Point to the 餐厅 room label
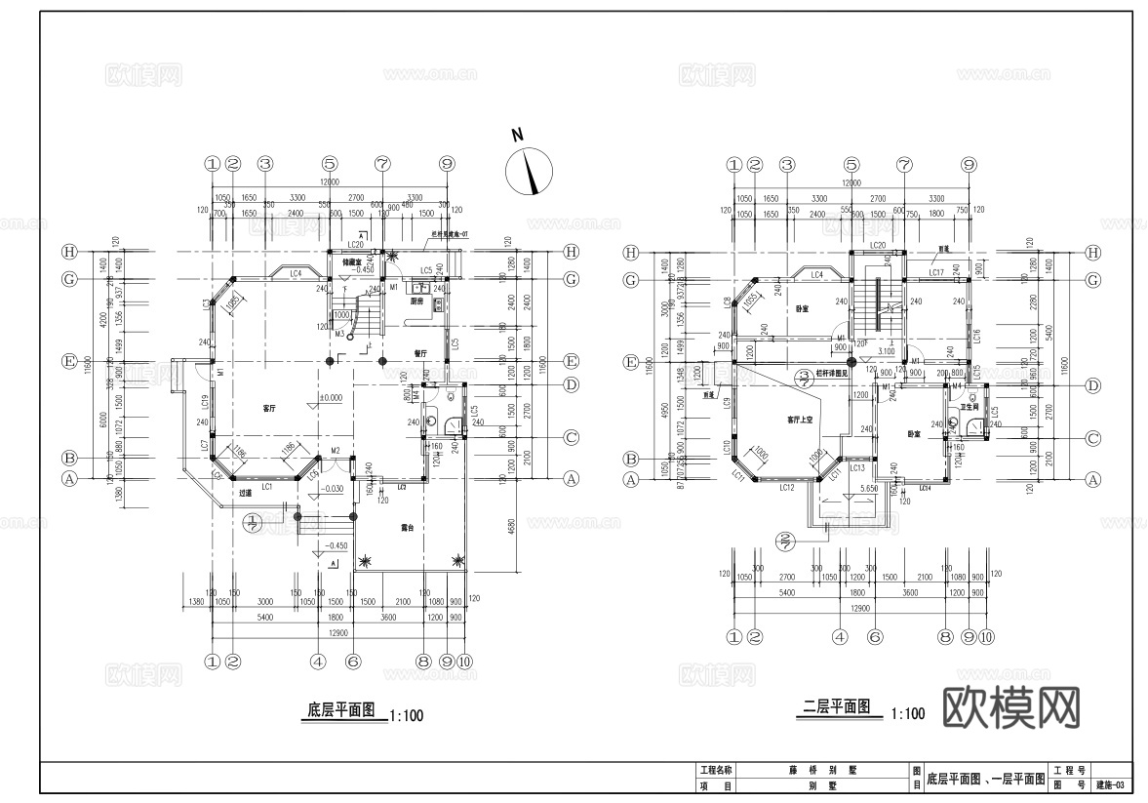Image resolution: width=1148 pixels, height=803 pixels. [x=421, y=354]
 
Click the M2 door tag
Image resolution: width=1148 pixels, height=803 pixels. [x=335, y=450]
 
